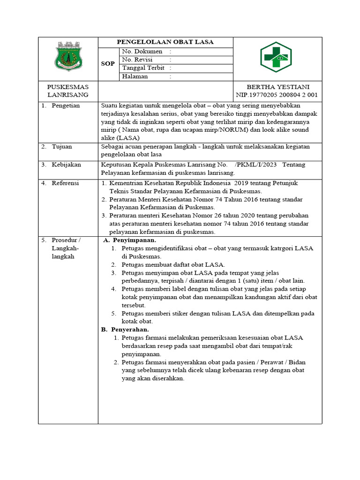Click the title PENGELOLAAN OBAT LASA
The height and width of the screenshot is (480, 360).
165,42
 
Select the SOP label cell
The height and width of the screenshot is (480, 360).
108,63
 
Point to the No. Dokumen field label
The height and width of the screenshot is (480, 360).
142,51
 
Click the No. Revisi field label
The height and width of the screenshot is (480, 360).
139,60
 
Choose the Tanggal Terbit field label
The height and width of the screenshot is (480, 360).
143,68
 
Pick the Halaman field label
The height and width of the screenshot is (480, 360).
135,76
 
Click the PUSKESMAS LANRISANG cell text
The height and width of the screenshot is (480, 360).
68,91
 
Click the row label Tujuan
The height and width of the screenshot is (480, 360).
62,147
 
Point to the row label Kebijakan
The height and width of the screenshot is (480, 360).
66,165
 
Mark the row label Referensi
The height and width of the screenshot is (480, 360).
65,183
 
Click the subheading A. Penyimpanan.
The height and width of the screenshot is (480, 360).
130,240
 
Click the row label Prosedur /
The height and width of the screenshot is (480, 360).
66,240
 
